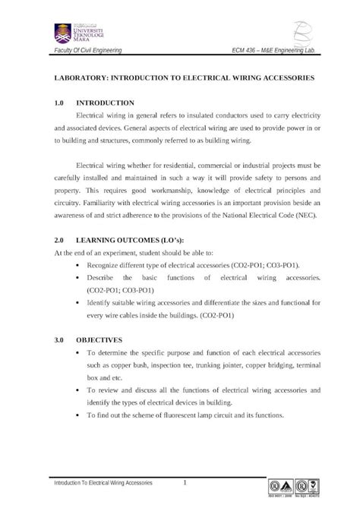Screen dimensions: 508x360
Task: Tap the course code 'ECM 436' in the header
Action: coord(251,51)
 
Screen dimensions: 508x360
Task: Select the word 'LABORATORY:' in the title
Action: coord(77,78)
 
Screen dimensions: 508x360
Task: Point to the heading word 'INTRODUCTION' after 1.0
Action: coord(106,102)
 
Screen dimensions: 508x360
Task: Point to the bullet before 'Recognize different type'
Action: coord(80,266)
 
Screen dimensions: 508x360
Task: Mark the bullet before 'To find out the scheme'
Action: coord(80,415)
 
